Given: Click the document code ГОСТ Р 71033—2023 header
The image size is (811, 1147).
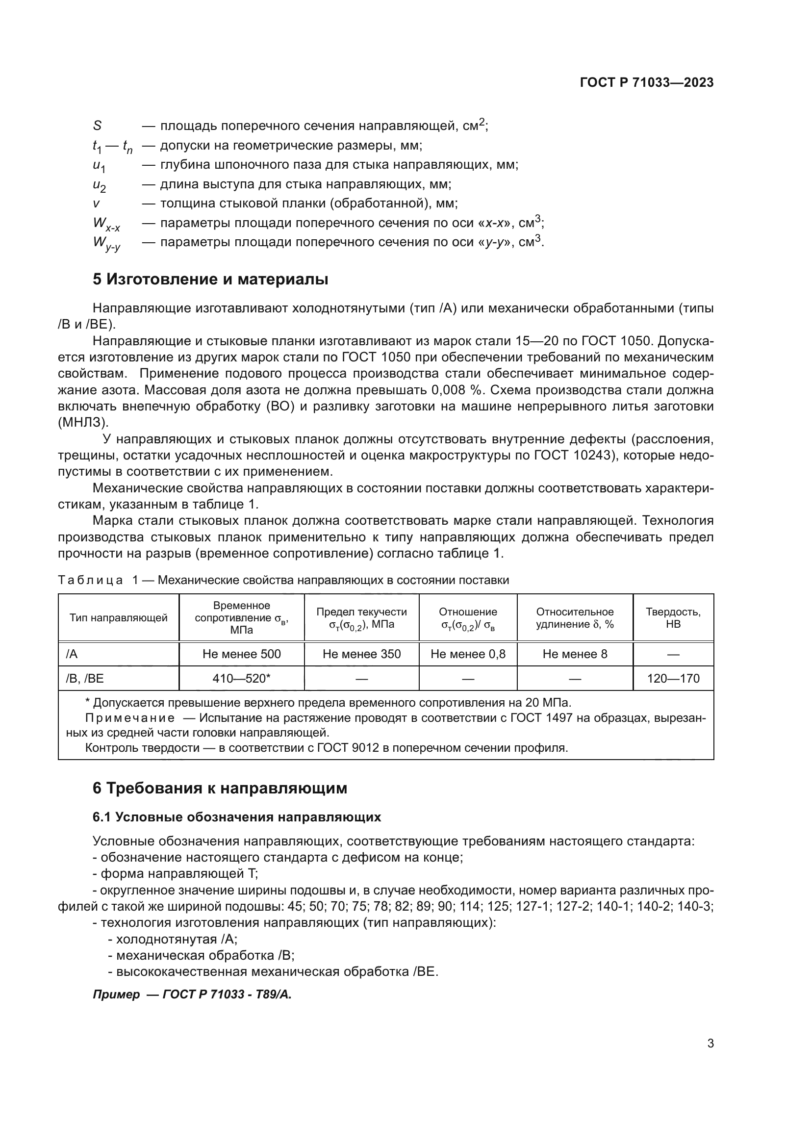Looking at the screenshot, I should pos(647,83).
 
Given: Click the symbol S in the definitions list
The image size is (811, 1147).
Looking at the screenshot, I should pos(98,126).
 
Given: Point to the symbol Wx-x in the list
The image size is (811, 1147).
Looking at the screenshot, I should pos(106,224).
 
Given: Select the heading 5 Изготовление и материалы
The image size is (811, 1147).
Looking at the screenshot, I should pos(210,279).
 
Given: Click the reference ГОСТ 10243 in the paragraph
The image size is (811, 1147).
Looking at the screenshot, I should pos(573,455).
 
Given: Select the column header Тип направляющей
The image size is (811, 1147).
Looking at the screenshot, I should pos(118,618).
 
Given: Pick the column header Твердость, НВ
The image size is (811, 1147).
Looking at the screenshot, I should pos(673,618).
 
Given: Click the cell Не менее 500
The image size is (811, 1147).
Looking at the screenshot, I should pos(242,654).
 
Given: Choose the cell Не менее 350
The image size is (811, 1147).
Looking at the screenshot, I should pos(361,654).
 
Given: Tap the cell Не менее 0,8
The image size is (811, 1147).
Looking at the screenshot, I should pos(468,654).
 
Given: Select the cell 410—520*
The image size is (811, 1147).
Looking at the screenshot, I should pos(242,678).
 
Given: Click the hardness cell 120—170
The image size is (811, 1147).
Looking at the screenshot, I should pos(673,678).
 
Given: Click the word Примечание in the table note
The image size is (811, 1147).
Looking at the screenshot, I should pos(130,718).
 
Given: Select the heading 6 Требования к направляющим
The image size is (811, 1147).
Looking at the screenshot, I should pos(220,789).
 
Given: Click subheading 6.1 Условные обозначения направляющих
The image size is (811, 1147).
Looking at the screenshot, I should pos(237,817).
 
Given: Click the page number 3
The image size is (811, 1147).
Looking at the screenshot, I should pos(710,1044).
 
